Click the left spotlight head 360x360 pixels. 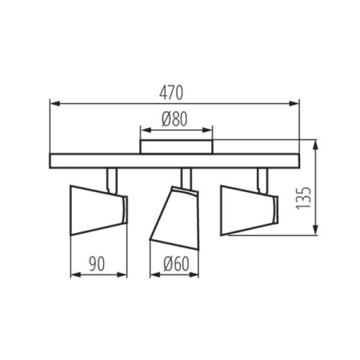pyautogui.click(x=98, y=210)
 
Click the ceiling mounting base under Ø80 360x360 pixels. pyautogui.click(x=177, y=146)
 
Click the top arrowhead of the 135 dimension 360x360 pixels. pyautogui.click(x=318, y=145)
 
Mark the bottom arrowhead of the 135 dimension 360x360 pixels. pyautogui.click(x=318, y=233)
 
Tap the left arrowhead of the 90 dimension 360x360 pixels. pyautogui.click(x=74, y=274)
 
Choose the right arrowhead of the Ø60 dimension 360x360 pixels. pyautogui.click(x=194, y=274)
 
